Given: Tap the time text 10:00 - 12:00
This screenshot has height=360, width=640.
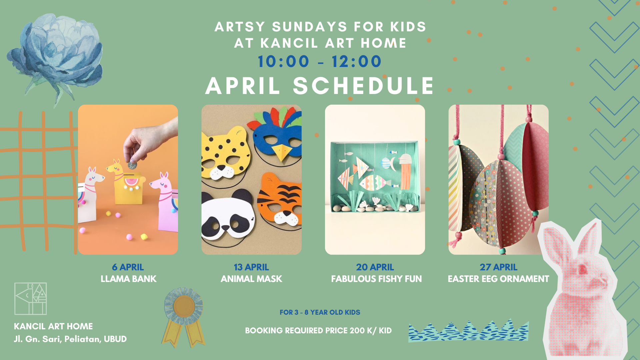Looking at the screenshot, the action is click(x=320, y=61).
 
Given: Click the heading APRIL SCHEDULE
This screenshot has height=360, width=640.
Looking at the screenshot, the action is click(x=320, y=86).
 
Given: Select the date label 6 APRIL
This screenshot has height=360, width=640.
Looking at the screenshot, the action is click(x=128, y=267).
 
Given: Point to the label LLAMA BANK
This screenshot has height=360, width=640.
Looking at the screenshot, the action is click(x=128, y=279).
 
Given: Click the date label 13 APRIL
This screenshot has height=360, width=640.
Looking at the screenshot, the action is click(x=251, y=267).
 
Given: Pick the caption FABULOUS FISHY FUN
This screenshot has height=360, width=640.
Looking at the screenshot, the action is click(x=376, y=279).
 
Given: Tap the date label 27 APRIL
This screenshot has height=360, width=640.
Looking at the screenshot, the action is click(x=498, y=267).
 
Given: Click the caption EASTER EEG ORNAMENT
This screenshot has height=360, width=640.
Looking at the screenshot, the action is click(x=498, y=279).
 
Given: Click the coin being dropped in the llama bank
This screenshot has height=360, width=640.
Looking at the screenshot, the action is click(x=132, y=165).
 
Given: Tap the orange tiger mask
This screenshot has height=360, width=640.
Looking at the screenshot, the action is click(x=280, y=200).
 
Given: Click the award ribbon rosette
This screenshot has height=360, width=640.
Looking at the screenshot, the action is click(x=184, y=317).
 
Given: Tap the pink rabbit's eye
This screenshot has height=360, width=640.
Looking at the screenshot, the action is click(x=582, y=269).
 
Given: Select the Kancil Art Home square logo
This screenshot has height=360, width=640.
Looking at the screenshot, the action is click(x=30, y=299).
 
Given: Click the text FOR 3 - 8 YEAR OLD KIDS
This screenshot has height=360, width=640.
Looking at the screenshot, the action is click(x=320, y=312).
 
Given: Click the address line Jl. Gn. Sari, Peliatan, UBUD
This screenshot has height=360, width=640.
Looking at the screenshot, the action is click(x=70, y=339).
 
